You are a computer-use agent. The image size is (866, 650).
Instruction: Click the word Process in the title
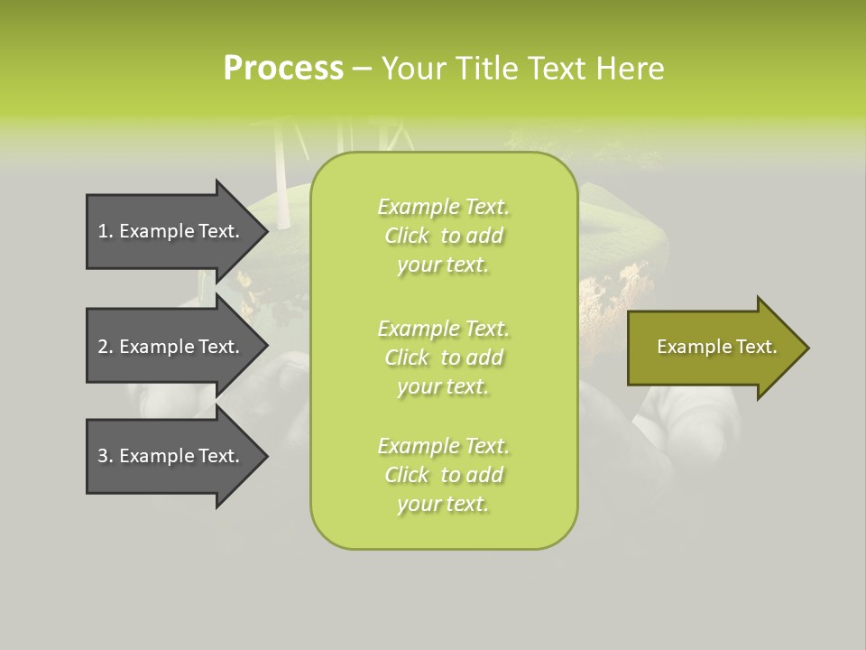[283, 69]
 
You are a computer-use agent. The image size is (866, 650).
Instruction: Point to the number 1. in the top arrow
[105, 231]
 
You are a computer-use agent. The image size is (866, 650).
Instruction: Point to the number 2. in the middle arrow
[105, 347]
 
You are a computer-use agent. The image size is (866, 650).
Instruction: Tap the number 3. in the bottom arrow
[105, 456]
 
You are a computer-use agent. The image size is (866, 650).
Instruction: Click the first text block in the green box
[443, 236]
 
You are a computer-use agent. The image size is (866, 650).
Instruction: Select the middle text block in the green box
[443, 357]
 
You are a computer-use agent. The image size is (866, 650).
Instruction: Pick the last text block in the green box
[443, 475]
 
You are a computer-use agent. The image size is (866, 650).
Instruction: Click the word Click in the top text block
[407, 236]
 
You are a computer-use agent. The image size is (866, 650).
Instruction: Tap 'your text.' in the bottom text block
[443, 505]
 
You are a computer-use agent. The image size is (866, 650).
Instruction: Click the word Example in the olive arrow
[687, 347]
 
